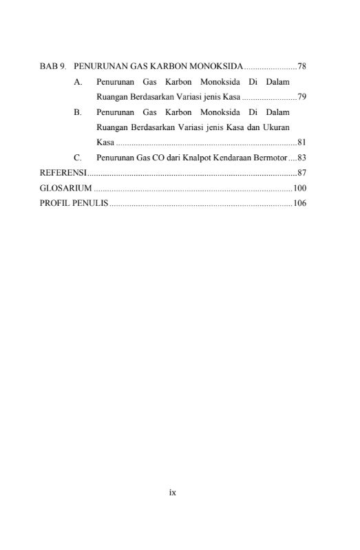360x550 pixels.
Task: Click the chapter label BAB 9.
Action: pos(52,67)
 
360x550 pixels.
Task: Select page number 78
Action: pos(301,67)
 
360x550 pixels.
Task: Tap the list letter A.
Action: pos(78,82)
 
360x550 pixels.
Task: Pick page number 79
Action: pos(301,97)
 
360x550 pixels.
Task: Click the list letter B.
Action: pos(78,112)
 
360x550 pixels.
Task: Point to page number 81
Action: pos(301,142)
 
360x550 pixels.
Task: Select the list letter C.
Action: pos(78,158)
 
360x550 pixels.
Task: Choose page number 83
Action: pos(301,158)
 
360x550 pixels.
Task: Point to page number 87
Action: pos(301,173)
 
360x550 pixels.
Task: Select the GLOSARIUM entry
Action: pos(65,188)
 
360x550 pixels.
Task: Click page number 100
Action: pos(299,188)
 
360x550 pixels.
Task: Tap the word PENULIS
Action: pos(90,203)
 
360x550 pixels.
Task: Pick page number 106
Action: pos(299,203)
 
